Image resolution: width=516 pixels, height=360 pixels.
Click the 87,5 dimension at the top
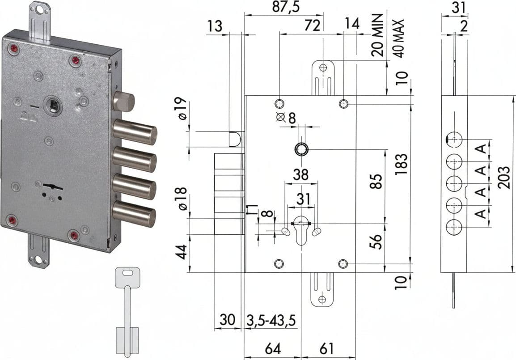(x=286, y=7)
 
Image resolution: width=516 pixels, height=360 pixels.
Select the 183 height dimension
(x=402, y=164)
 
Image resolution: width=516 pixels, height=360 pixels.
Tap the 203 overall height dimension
(x=503, y=178)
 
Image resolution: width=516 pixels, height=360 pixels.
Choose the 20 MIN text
(x=377, y=35)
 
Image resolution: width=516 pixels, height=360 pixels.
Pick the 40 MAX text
(x=398, y=38)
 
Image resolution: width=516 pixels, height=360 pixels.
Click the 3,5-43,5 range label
(x=271, y=320)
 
